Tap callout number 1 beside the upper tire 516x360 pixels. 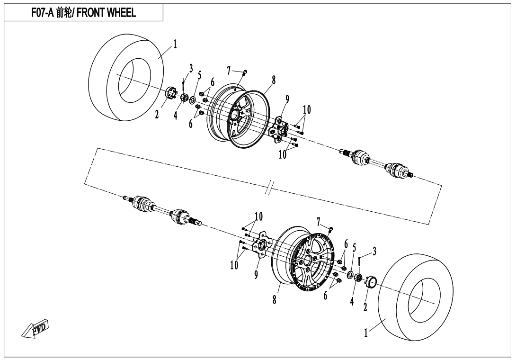point(175,44)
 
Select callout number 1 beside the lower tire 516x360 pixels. point(365,333)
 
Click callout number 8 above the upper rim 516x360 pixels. point(274,80)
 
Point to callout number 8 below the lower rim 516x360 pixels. point(275,300)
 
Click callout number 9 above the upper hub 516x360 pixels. point(287,99)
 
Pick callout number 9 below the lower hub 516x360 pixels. point(256,275)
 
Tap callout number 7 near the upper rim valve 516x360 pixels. point(229,71)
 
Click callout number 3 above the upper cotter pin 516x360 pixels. point(191,69)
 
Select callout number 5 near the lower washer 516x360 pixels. point(355,247)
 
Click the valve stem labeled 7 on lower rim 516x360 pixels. point(330,229)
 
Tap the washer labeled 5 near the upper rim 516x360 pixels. point(193,99)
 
